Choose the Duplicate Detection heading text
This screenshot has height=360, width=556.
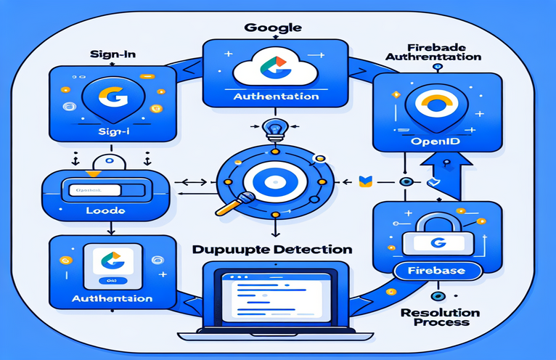click(274, 248)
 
